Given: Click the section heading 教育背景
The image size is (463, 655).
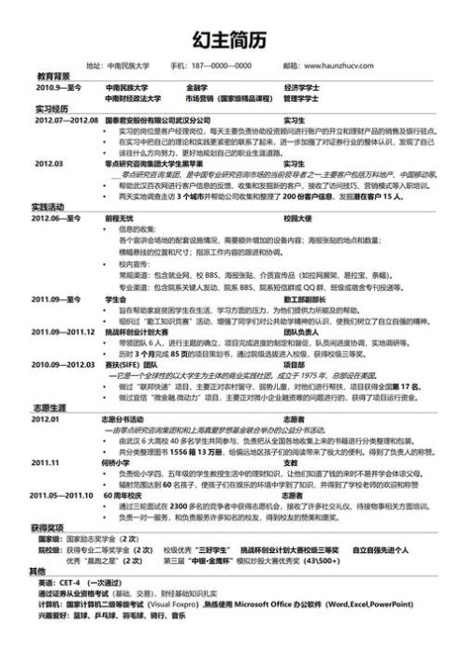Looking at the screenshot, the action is (x=53, y=75).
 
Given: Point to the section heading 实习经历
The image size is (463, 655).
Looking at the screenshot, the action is (x=53, y=109).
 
